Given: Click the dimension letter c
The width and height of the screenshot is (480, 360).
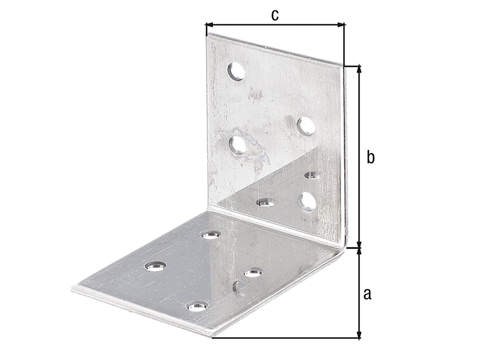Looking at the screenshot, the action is (x=275, y=15).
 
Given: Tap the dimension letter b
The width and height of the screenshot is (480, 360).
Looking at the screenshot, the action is (x=370, y=157).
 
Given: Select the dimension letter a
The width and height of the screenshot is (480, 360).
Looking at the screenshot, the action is (x=367, y=294).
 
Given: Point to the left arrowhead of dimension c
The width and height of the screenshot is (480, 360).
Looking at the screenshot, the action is (x=209, y=25).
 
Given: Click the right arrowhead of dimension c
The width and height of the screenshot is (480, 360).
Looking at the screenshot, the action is (x=341, y=25).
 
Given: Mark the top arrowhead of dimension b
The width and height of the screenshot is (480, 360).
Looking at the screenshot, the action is (x=360, y=69).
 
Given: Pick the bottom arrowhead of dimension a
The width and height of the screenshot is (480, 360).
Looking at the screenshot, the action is (x=360, y=334).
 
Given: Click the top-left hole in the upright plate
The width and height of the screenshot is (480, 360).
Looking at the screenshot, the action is (x=236, y=71).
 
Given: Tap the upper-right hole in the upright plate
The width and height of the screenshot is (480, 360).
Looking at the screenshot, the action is (x=306, y=126).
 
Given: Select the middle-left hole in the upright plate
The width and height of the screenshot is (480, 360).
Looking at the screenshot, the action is (x=238, y=145).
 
